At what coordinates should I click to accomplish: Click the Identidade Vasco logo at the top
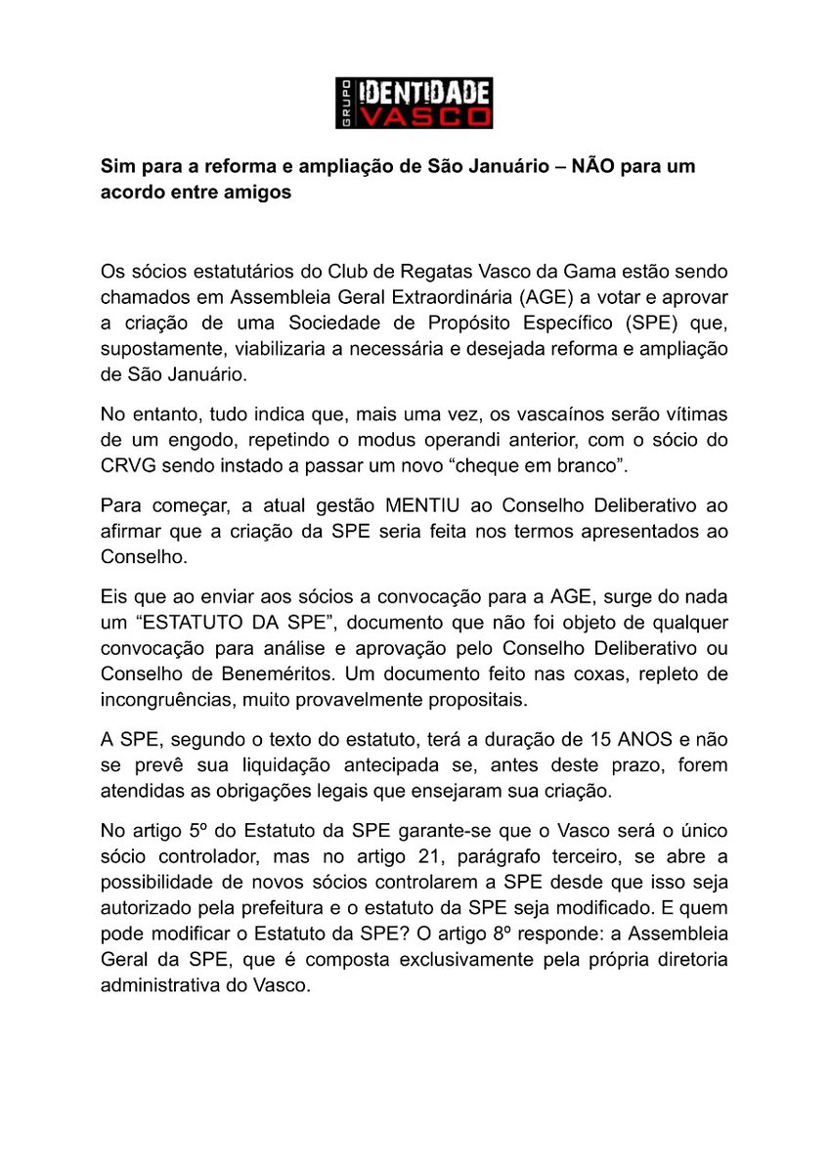click(414, 104)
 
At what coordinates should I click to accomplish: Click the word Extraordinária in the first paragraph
click(468, 295)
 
